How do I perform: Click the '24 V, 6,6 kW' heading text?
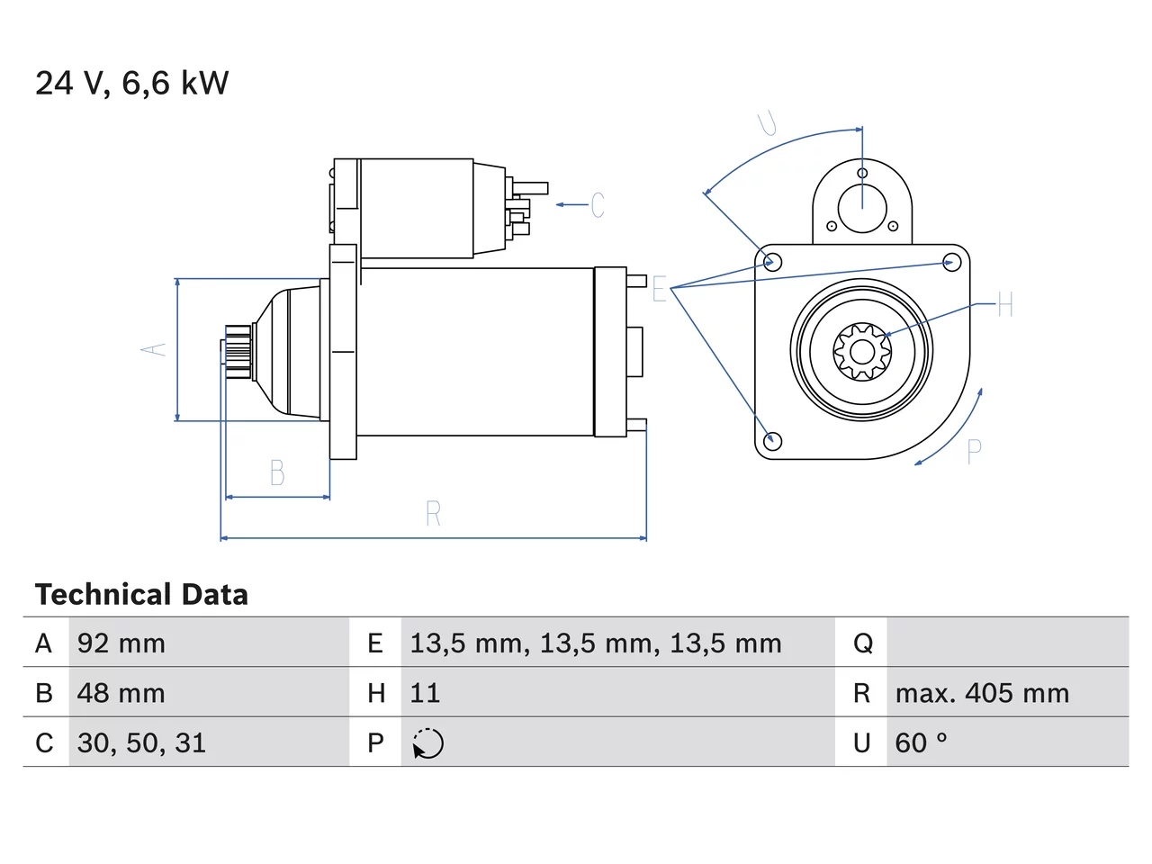(131, 84)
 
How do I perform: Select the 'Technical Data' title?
(141, 594)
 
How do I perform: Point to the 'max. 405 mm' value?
(982, 693)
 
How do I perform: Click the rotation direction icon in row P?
(427, 743)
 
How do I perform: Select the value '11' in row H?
(425, 693)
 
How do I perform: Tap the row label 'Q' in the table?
(863, 643)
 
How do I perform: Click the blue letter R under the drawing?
(434, 514)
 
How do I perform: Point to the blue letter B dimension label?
(277, 472)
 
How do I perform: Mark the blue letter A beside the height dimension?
(153, 349)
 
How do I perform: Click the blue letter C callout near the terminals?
(598, 204)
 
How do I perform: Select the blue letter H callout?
(1005, 304)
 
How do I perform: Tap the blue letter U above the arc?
(767, 123)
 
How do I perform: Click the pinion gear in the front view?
(862, 351)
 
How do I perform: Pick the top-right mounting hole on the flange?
(952, 262)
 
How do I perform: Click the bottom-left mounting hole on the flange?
(772, 441)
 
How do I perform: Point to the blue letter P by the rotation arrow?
(974, 451)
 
